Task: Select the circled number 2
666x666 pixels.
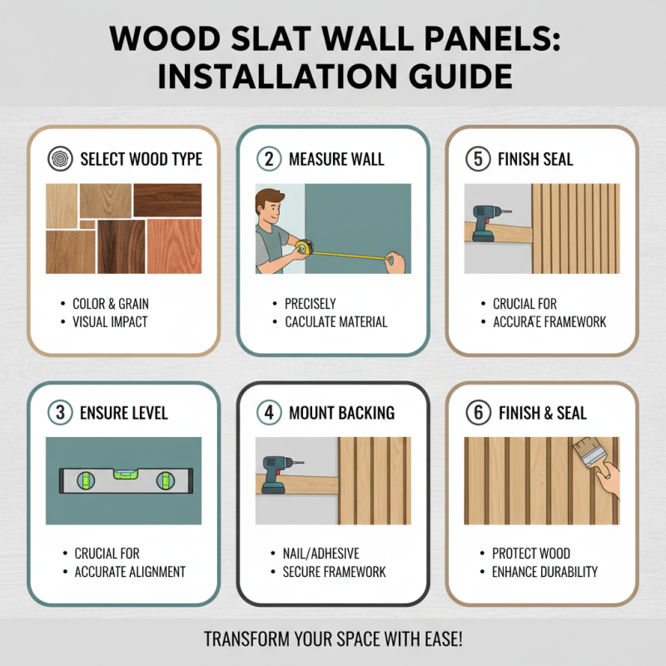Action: click(x=269, y=159)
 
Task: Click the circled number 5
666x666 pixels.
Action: click(x=478, y=159)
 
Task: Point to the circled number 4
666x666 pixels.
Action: click(x=269, y=413)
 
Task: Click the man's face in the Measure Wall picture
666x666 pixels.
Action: click(x=272, y=207)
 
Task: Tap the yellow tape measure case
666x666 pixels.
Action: click(x=306, y=248)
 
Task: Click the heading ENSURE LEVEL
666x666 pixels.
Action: click(x=124, y=413)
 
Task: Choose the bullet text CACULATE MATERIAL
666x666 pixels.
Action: click(x=336, y=322)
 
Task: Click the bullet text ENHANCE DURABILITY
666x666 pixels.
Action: click(x=545, y=572)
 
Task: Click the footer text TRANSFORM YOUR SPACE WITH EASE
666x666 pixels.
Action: click(x=333, y=640)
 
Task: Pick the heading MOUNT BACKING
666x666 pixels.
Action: click(x=342, y=413)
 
